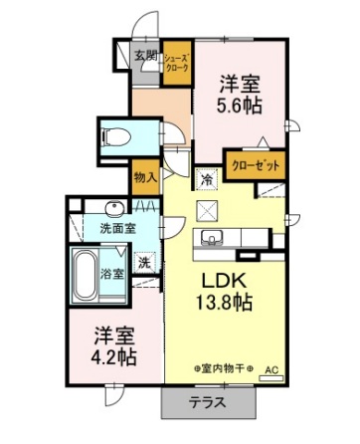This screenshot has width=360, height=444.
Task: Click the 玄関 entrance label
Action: [145, 56]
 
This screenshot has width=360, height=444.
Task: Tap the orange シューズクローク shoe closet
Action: [178, 63]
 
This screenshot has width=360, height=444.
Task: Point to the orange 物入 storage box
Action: [145, 177]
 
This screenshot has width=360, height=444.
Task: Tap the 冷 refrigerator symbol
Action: [207, 180]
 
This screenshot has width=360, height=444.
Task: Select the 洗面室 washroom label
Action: [117, 229]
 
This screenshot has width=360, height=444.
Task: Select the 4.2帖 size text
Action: [110, 356]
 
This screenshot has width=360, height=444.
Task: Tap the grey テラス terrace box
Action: [208, 403]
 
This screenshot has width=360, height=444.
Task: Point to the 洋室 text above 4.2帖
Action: [111, 334]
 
